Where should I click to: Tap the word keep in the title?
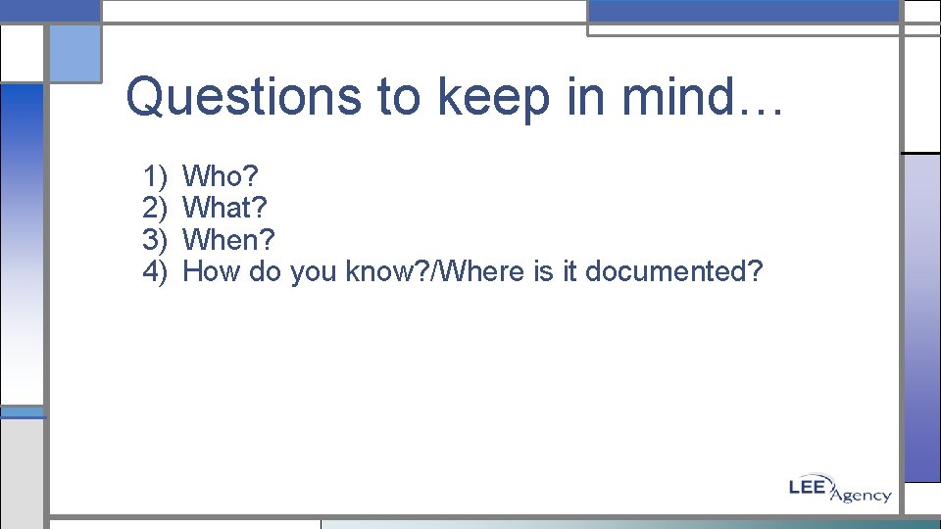pos(476,97)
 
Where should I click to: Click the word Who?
pos(221,177)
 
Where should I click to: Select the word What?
pos(224,209)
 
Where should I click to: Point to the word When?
pos(229,240)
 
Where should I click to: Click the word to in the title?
pos(399,97)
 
